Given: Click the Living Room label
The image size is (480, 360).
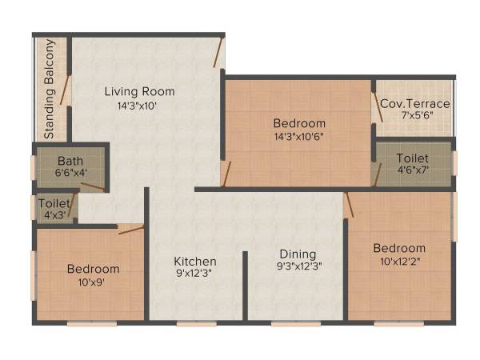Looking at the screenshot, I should (140, 91).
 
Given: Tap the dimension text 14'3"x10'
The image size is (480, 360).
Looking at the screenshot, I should (140, 104).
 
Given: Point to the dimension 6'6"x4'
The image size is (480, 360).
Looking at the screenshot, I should (70, 171).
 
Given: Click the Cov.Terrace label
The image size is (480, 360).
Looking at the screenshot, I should (414, 104).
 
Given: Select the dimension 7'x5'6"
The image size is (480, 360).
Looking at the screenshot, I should (414, 116).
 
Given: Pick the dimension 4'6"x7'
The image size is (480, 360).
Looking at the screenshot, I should (413, 170).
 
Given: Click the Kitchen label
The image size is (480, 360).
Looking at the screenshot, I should (195, 261).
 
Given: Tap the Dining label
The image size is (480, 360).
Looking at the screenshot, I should (298, 254).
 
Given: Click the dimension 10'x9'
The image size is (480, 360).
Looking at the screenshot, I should (93, 281).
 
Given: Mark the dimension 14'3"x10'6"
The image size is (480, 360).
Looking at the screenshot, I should (299, 135).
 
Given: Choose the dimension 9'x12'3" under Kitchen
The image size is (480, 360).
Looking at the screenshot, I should (195, 273).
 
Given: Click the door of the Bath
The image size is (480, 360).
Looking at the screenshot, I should (91, 186).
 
